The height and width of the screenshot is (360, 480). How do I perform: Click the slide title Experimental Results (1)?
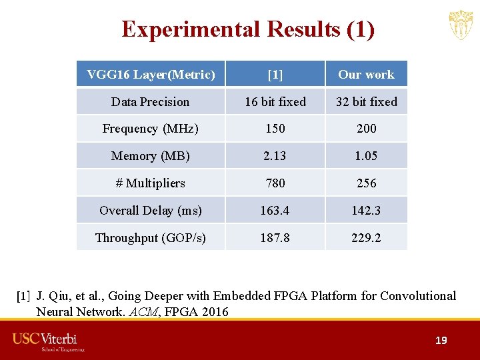click(x=248, y=29)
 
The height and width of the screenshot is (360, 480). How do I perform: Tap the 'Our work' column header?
click(x=366, y=75)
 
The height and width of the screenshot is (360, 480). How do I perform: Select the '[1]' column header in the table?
click(x=275, y=75)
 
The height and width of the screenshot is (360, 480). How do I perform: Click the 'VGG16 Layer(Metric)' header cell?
click(x=151, y=75)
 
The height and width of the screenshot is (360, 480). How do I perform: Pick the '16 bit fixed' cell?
click(x=275, y=102)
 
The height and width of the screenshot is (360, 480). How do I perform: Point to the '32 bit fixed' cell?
click(x=366, y=102)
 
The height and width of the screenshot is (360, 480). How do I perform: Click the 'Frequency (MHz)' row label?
click(x=151, y=129)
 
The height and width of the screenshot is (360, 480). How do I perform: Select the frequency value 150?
click(x=275, y=129)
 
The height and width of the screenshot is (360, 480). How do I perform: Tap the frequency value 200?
click(x=366, y=129)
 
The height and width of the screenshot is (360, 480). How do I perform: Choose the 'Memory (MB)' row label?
click(x=151, y=156)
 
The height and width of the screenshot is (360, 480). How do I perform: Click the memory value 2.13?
click(x=275, y=156)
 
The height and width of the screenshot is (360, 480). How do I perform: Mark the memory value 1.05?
click(x=366, y=156)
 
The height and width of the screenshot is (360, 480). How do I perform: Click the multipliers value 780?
click(x=275, y=183)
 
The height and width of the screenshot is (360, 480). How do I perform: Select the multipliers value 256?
click(x=366, y=183)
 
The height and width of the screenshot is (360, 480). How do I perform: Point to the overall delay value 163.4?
click(x=275, y=211)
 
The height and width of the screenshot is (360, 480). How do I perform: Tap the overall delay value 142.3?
click(x=366, y=211)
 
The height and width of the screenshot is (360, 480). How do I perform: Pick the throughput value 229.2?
click(x=366, y=238)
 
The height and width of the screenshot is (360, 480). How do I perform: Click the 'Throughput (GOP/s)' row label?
click(x=151, y=238)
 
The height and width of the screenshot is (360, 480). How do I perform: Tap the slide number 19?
click(x=441, y=341)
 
